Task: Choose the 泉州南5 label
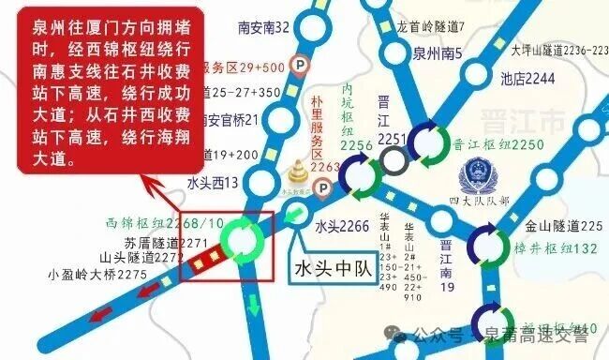(x=438, y=53)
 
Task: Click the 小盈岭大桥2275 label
(x=97, y=275)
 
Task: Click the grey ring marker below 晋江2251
(x=394, y=162)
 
